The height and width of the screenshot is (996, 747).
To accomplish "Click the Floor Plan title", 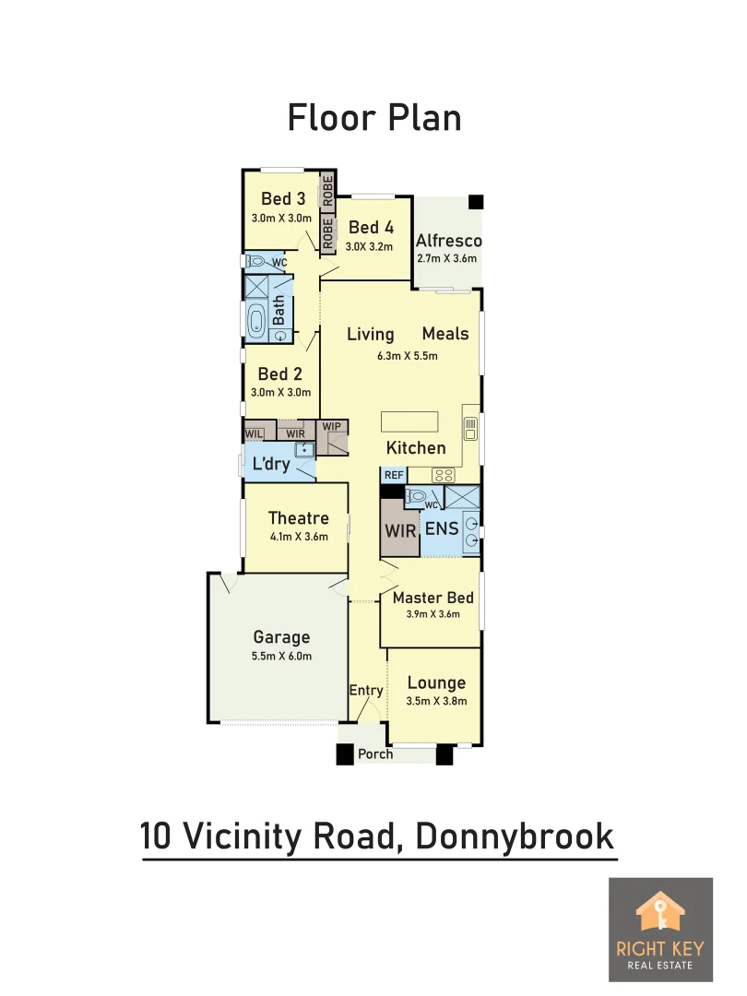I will (373, 118).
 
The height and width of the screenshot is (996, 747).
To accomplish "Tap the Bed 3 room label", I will (283, 198).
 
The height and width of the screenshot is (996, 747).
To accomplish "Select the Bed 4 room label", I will (371, 227).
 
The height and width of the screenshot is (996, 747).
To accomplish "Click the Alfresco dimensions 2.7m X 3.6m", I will (447, 258).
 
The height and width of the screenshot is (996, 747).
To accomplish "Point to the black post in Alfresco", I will (475, 203).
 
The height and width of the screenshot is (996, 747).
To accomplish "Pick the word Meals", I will (445, 334).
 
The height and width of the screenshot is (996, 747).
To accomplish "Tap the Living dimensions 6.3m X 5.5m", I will (407, 356).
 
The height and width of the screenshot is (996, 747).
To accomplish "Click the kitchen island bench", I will (410, 421).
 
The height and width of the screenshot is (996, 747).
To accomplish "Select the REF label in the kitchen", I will (394, 475).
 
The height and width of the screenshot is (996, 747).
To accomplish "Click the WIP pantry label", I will (331, 427).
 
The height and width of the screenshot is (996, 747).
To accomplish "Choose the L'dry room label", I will (271, 464).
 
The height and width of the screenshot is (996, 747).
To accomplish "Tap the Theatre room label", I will (298, 518).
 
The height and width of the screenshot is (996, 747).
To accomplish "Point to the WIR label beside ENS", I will (400, 530).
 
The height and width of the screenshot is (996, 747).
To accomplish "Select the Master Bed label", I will (433, 598).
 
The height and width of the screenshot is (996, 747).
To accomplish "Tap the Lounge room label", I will (436, 683).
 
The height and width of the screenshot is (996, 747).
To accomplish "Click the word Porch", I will (375, 754).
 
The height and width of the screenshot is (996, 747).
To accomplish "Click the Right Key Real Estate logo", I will (660, 930).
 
